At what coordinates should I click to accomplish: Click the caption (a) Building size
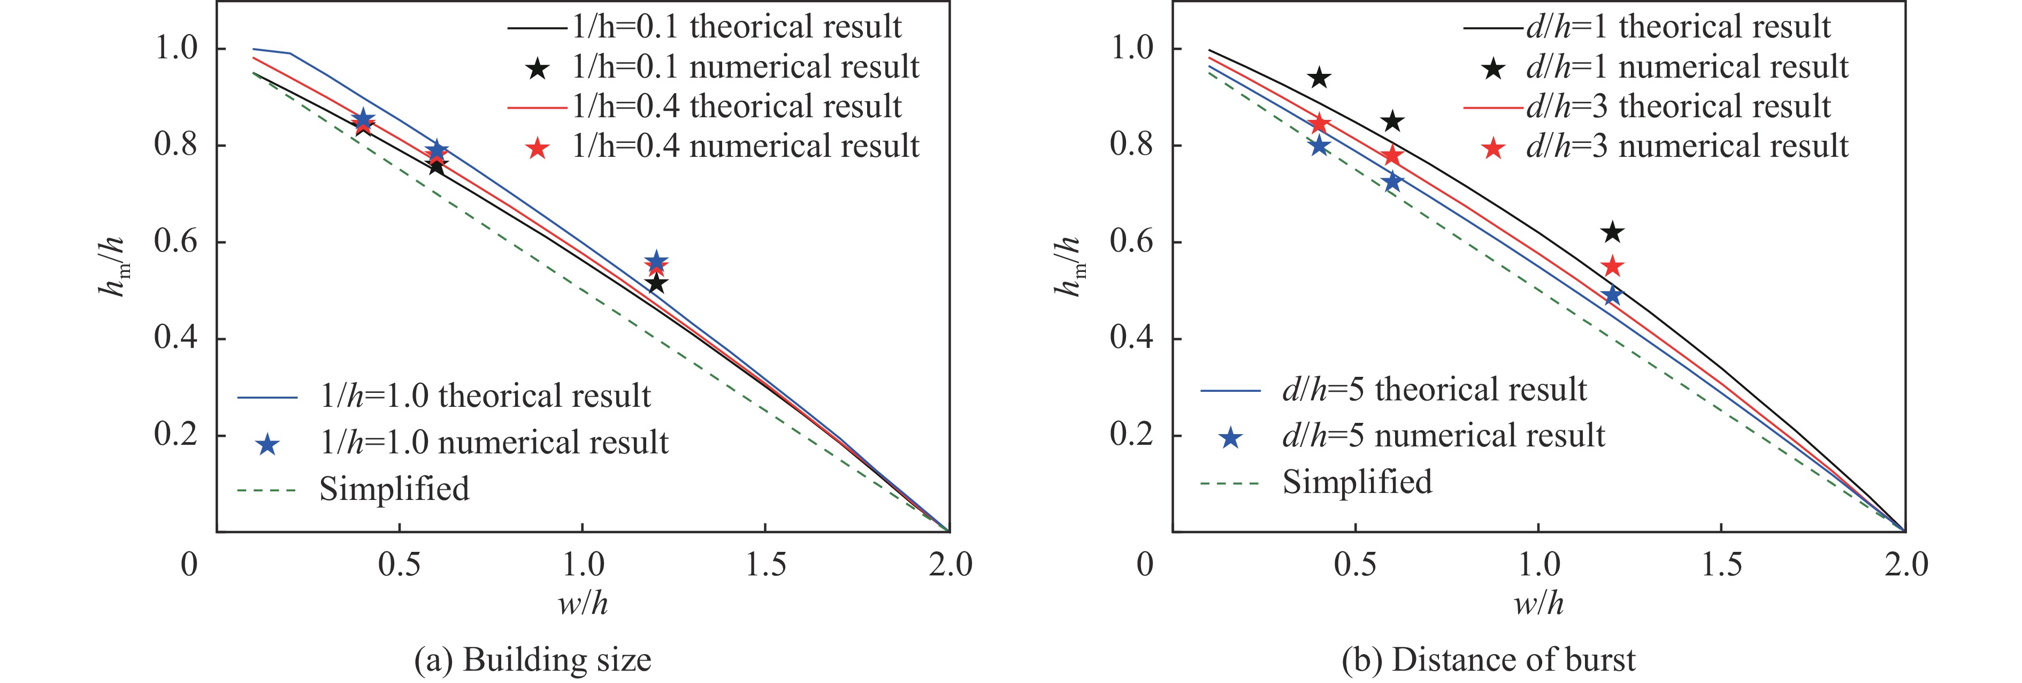click(532, 659)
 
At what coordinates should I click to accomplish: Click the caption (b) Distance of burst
click(1488, 659)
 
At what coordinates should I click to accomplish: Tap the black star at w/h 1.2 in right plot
click(1612, 232)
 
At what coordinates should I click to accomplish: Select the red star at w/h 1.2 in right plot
click(1612, 267)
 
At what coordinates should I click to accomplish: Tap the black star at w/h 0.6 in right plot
click(1392, 122)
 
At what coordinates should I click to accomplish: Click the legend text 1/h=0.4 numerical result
click(745, 147)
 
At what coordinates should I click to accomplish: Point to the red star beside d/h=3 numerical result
click(1493, 148)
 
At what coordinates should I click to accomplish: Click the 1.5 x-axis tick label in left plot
click(765, 565)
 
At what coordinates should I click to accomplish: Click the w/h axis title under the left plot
click(583, 604)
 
